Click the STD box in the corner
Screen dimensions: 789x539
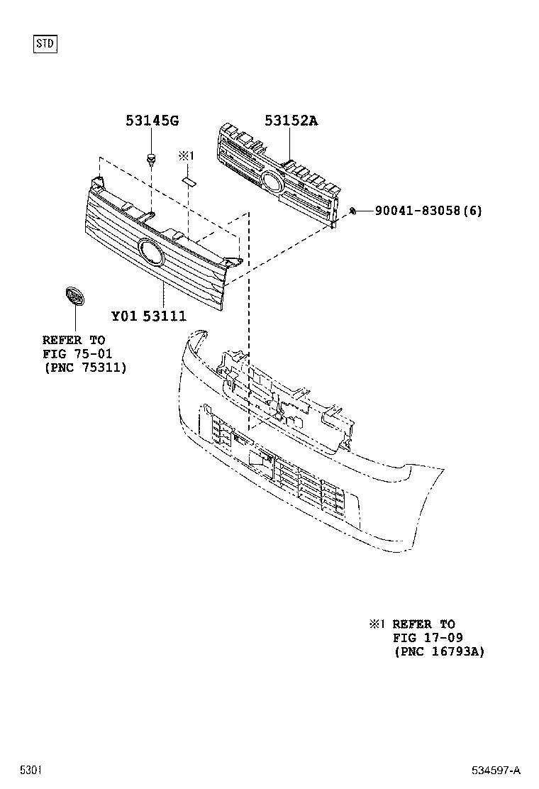click(x=45, y=44)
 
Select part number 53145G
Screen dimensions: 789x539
click(x=152, y=121)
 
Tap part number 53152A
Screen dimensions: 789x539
click(x=291, y=121)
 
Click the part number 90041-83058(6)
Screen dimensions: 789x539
click(x=428, y=211)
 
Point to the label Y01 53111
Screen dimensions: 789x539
click(x=148, y=315)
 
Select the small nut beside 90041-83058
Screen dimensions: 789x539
click(x=352, y=211)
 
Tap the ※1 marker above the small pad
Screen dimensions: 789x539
click(x=187, y=155)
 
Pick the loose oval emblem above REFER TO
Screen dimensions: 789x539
click(x=73, y=297)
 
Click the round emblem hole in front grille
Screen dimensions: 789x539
click(x=150, y=253)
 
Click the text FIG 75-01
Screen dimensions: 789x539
click(x=77, y=353)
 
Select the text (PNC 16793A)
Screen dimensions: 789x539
click(x=439, y=651)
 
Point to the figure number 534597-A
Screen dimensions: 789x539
click(x=496, y=770)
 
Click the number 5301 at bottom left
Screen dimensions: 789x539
click(x=30, y=770)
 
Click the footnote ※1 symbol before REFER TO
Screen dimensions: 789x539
click(x=375, y=624)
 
